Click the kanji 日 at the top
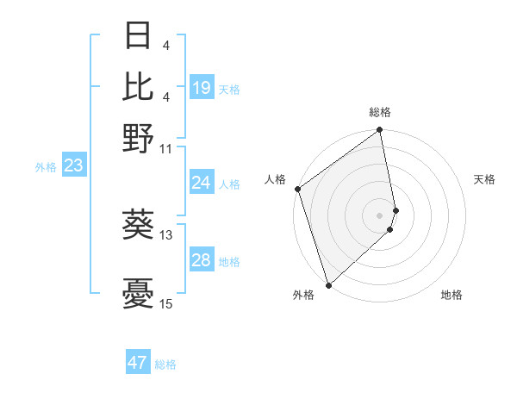click(139, 35)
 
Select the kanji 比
click(139, 85)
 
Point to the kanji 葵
click(139, 225)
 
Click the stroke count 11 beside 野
click(166, 148)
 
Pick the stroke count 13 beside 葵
click(166, 234)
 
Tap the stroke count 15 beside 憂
click(166, 303)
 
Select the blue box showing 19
click(201, 88)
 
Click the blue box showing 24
click(201, 183)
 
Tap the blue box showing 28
click(201, 260)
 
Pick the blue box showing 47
click(138, 363)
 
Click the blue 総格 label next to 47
click(165, 364)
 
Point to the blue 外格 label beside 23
click(46, 167)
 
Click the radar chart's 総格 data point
click(379, 131)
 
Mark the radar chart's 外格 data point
click(328, 284)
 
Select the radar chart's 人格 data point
click(297, 189)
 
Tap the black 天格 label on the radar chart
click(484, 179)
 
